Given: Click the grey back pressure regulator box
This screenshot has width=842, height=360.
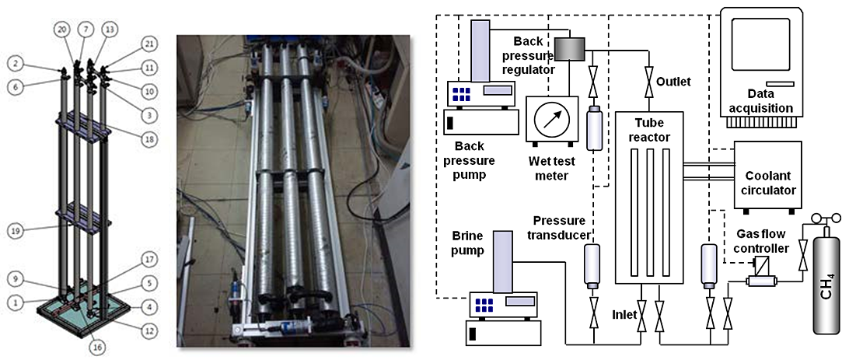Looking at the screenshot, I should (x=576, y=50).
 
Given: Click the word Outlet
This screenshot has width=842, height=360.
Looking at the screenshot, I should (x=673, y=82).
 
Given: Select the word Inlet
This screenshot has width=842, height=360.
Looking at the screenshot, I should (x=624, y=314).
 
